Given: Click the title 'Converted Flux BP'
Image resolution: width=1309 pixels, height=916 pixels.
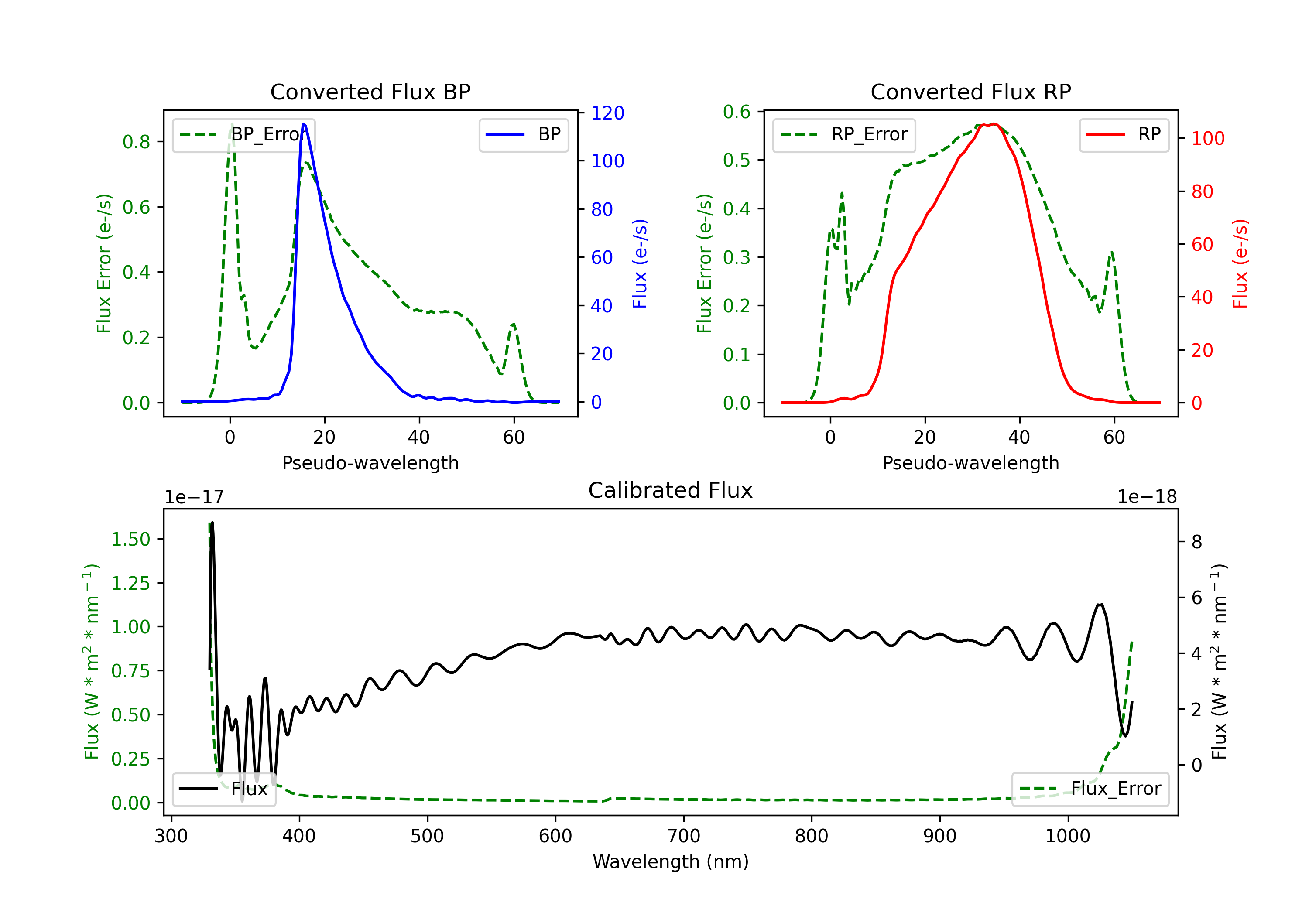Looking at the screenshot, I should pos(370,92).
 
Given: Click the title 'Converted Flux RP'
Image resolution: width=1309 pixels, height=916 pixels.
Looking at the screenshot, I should pos(970,92).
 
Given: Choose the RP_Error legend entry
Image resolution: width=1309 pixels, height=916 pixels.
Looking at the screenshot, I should pos(844,134).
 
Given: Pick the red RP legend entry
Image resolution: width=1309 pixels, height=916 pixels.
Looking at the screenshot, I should pos(1124,134).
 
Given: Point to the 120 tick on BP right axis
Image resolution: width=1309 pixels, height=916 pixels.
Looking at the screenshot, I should pos(607,113).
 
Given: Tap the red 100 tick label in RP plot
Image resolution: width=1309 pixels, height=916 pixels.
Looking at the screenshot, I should pos(1207,139).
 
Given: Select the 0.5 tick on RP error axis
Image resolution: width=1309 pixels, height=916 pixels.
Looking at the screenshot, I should pos(737,160).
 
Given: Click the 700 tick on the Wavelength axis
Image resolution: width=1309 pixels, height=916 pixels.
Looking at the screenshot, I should pos(683,836).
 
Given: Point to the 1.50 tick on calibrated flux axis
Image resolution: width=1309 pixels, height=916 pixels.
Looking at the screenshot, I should pos(130,539).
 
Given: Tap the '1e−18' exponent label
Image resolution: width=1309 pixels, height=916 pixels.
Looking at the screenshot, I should pos(1147,497).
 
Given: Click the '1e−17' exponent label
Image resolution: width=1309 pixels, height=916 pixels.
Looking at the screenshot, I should pos(194,497).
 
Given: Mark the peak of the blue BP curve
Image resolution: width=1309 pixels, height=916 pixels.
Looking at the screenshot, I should pos(303,124).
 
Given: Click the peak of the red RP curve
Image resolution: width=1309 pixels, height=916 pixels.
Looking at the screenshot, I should pos(993,124).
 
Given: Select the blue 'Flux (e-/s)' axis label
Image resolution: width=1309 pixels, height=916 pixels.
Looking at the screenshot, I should pos(640,263).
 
